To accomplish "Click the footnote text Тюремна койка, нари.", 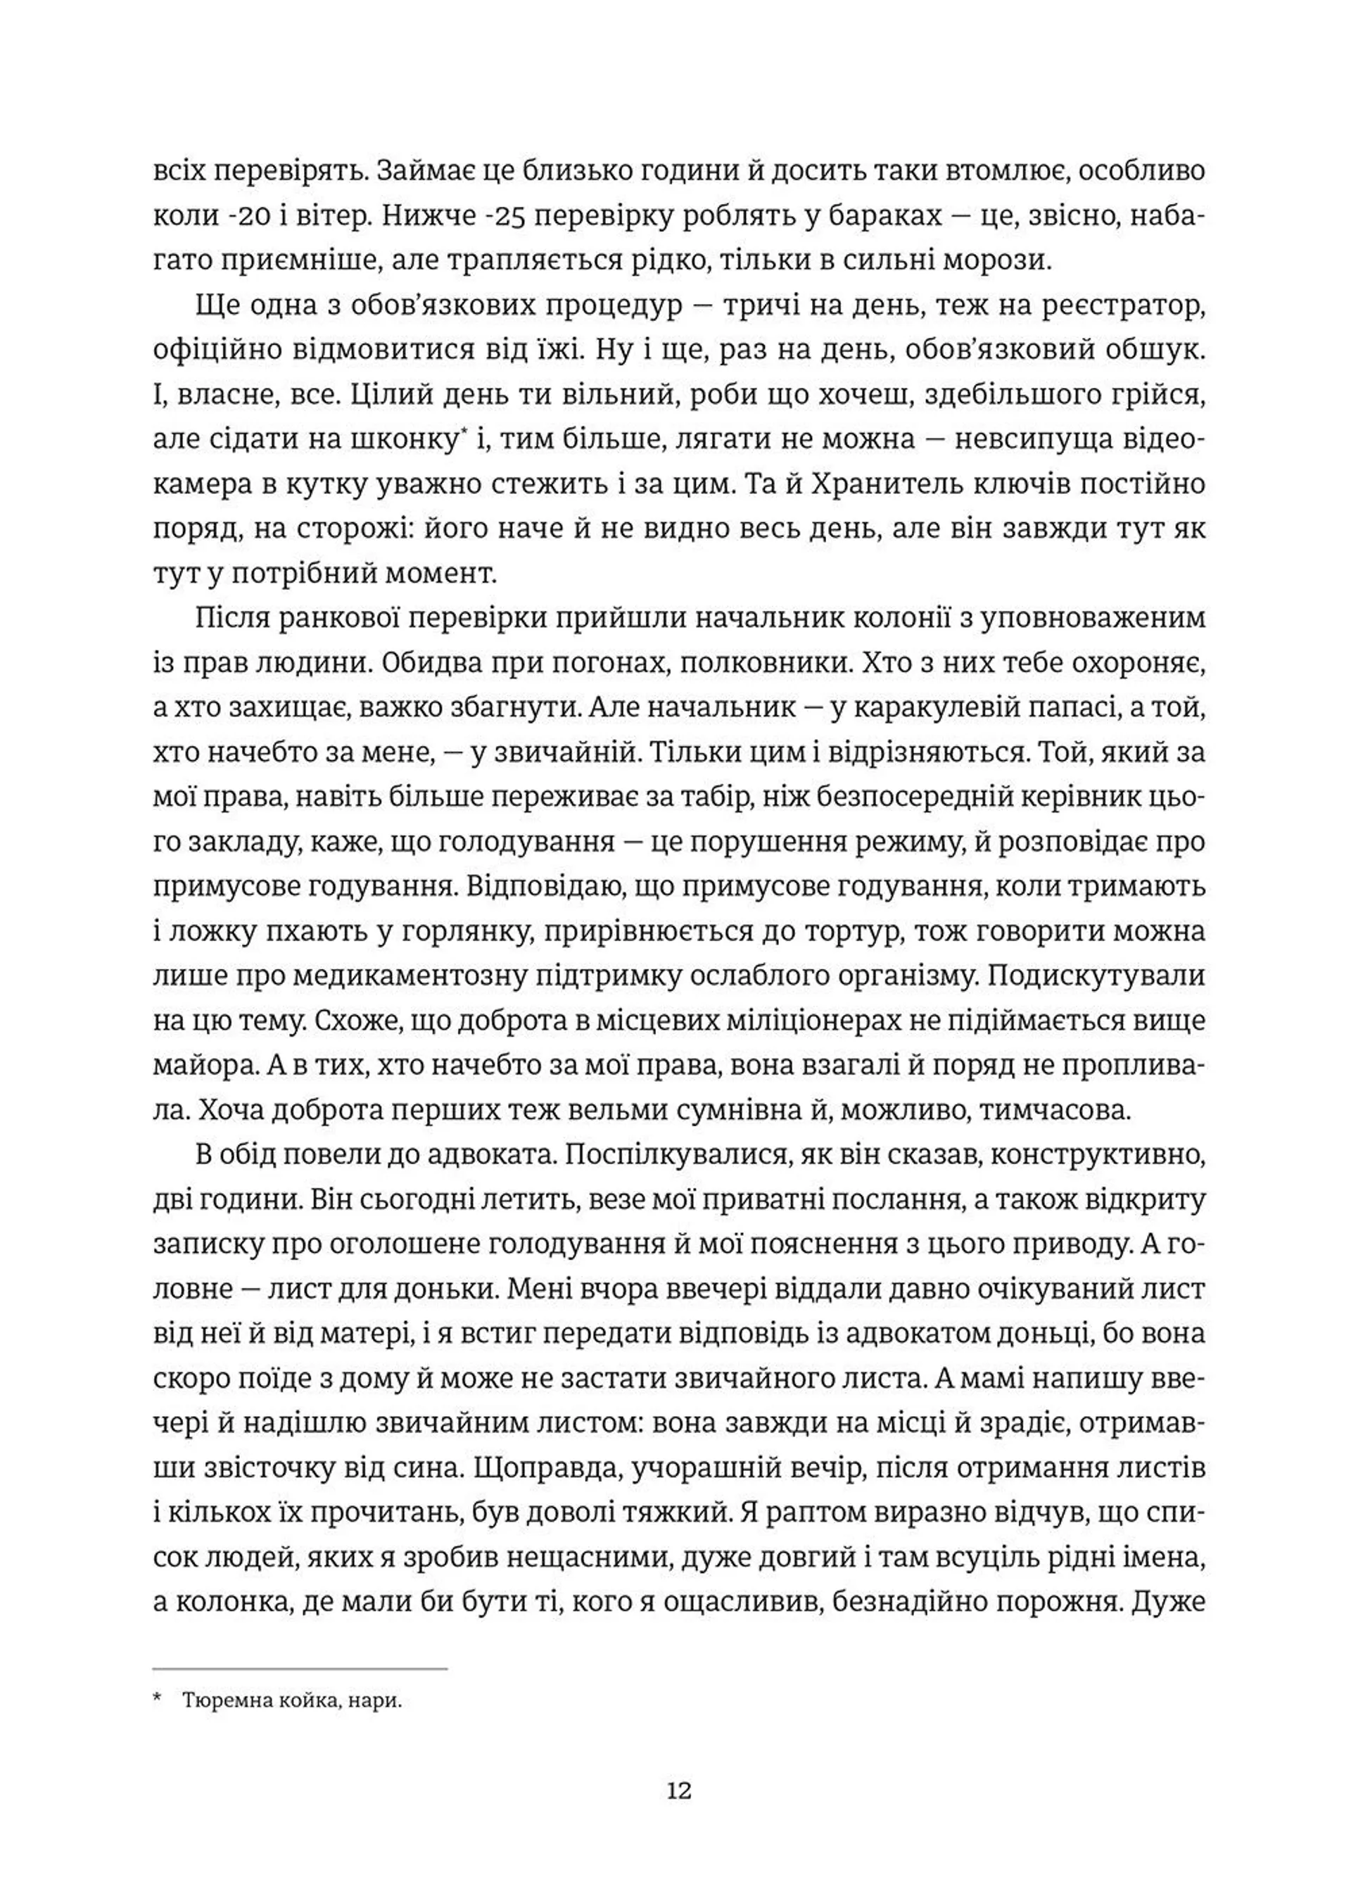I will coord(292,1701).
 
